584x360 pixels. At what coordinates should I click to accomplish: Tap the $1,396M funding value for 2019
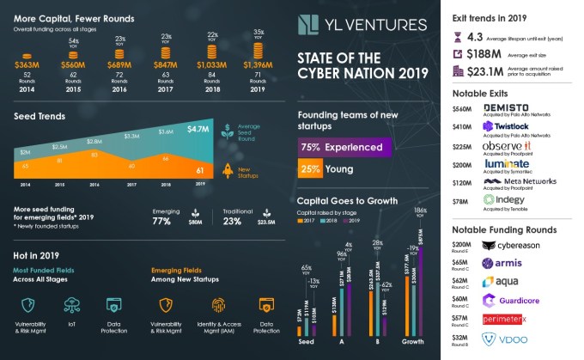pyautogui.click(x=257, y=65)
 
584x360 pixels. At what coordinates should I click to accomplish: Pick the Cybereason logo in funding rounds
pyautogui.click(x=517, y=245)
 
